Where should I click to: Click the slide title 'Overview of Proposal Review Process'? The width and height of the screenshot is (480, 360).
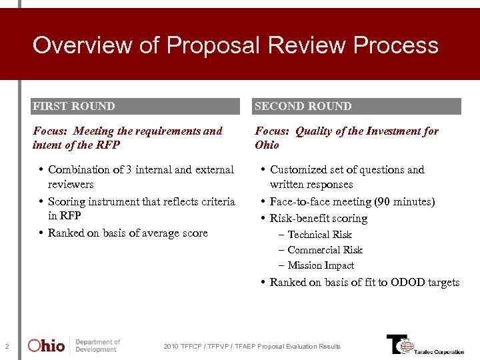235,45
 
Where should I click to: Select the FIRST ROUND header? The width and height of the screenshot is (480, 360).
74,106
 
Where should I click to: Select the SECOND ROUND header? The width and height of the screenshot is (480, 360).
303,106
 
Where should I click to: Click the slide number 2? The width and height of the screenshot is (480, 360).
7,346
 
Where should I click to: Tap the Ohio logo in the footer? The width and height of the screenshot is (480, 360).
47,345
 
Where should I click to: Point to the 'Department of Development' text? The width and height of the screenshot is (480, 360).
97,345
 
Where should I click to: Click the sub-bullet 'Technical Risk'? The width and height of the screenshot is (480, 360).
319,235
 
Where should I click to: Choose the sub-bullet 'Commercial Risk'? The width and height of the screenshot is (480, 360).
325,250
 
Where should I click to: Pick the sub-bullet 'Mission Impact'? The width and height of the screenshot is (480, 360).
321,265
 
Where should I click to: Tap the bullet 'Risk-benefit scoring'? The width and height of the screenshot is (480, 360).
318,219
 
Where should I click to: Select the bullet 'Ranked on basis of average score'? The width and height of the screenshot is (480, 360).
127,233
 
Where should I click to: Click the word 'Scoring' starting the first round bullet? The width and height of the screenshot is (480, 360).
67,201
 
